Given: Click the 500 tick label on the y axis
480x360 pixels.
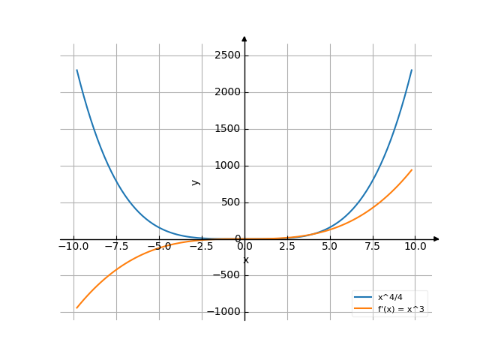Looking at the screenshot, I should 229,202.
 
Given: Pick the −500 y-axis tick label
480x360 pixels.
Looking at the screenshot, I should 226,276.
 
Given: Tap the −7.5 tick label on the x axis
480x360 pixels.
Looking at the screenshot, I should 116,246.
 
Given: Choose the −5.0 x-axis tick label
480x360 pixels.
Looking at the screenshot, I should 159,246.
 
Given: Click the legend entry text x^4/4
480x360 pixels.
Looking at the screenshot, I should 390,298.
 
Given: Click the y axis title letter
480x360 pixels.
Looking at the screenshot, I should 196,181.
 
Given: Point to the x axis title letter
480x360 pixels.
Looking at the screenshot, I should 245,260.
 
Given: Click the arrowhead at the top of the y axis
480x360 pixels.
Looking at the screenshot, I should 244,38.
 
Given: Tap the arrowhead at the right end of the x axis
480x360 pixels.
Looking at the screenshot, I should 436,239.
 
